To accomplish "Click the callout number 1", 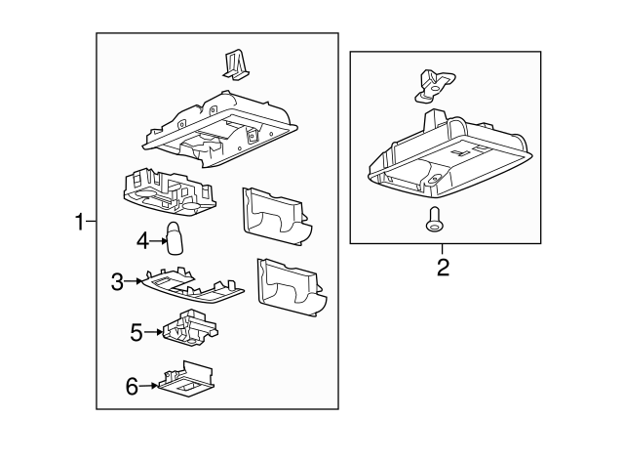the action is pyautogui.click(x=80, y=222).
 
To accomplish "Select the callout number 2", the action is pyautogui.click(x=443, y=268).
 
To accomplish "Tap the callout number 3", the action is pyautogui.click(x=117, y=282).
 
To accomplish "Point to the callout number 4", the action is pyautogui.click(x=142, y=241).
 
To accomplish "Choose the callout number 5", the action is pyautogui.click(x=136, y=332).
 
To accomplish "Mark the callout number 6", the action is pyautogui.click(x=132, y=386).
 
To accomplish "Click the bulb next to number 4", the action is pyautogui.click(x=174, y=238).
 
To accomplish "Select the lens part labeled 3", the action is pyautogui.click(x=193, y=284).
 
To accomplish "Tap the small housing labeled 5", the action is pyautogui.click(x=190, y=327).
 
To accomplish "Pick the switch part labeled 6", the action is pyautogui.click(x=186, y=379).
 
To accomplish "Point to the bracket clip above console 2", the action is pyautogui.click(x=434, y=85).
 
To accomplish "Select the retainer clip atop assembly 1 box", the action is pyautogui.click(x=236, y=65).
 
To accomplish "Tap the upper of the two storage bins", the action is pyautogui.click(x=277, y=216).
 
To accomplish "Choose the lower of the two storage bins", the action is pyautogui.click(x=292, y=287).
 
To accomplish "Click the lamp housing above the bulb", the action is pyautogui.click(x=169, y=188).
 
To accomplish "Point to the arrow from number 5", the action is pyautogui.click(x=153, y=332).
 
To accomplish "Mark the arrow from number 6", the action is pyautogui.click(x=148, y=386).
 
